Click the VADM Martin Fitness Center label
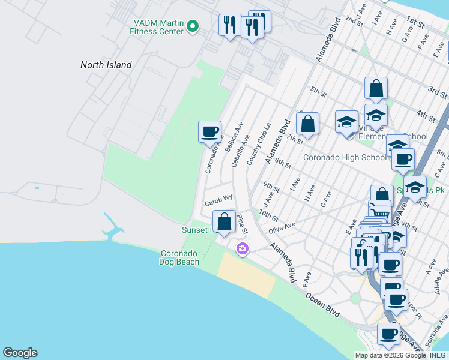[158, 27]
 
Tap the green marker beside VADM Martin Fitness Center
[193, 26]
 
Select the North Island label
[106, 65]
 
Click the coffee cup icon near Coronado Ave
[210, 131]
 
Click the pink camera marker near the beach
[243, 248]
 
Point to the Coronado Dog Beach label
[183, 257]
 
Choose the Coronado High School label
[345, 158]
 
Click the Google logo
[20, 353]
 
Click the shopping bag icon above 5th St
[376, 89]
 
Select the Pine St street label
[242, 224]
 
